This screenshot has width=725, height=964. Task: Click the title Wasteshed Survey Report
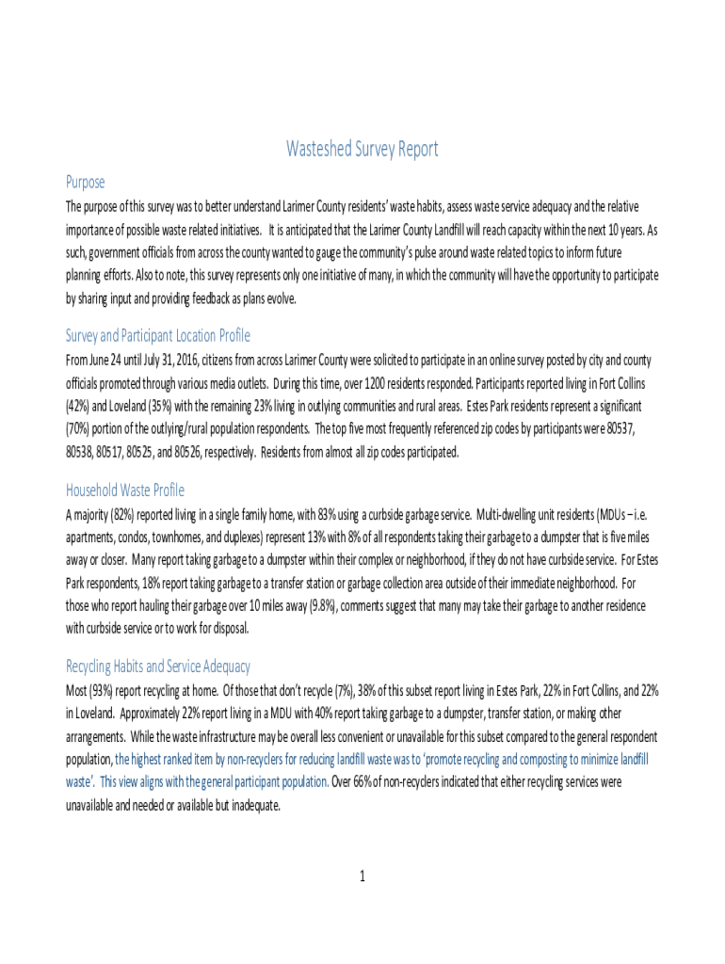tap(362, 150)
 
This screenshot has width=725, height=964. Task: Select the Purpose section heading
tap(85, 182)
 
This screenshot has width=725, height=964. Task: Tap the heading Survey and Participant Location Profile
tap(157, 336)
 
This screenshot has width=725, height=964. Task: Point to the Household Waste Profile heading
tap(124, 490)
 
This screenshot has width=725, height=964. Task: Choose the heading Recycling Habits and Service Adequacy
tap(157, 667)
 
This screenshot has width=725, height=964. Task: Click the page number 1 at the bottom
tap(362, 877)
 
